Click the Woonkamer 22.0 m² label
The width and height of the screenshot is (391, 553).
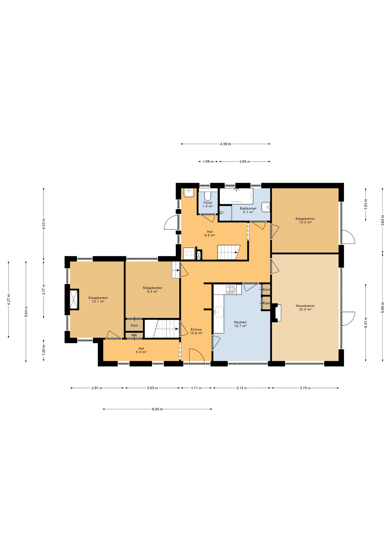(305, 308)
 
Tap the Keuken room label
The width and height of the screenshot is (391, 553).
(240, 322)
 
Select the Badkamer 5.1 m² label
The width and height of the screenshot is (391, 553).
(248, 210)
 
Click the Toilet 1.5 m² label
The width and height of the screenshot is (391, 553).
(208, 204)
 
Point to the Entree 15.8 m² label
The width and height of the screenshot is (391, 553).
(196, 331)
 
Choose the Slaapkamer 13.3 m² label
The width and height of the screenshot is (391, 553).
(305, 220)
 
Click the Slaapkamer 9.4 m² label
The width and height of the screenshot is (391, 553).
(153, 289)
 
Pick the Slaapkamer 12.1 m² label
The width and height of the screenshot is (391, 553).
(98, 300)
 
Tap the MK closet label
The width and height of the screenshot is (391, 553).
(134, 335)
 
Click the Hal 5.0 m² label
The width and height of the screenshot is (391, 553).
(141, 350)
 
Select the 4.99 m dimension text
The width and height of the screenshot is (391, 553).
(225, 144)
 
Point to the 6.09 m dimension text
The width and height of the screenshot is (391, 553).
(157, 409)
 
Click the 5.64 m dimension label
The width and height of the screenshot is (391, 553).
(26, 311)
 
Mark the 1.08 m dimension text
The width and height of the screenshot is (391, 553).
(208, 162)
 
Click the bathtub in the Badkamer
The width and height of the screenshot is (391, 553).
(236, 196)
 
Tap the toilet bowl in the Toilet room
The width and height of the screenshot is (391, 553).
(208, 196)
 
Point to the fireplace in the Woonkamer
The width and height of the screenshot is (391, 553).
(277, 313)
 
